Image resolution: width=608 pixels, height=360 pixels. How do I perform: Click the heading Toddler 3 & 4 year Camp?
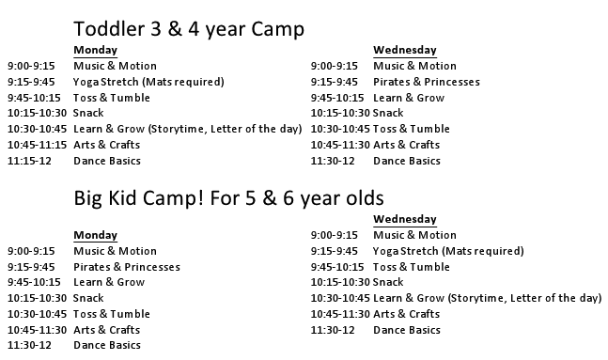[188, 29]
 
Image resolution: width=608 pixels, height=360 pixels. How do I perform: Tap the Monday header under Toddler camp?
[95, 51]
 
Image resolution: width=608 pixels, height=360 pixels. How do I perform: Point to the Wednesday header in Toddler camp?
[404, 51]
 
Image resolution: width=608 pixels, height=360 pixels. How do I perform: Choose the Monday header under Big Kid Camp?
[95, 235]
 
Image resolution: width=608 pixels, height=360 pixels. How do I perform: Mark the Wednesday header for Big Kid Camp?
[404, 219]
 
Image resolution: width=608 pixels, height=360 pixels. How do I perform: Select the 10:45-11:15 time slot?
[37, 145]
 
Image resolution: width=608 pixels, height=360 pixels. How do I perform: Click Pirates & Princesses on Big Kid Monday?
[126, 267]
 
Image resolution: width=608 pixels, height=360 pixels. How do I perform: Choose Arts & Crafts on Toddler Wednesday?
[406, 145]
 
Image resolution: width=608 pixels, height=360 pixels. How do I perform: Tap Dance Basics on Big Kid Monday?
[106, 346]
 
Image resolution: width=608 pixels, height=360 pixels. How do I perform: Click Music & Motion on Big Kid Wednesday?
[414, 235]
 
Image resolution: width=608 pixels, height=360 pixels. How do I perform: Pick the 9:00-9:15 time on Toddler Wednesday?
[335, 66]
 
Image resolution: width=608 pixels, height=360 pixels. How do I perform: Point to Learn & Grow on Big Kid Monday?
[109, 282]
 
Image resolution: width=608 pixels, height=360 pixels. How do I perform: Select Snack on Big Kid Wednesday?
[388, 282]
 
